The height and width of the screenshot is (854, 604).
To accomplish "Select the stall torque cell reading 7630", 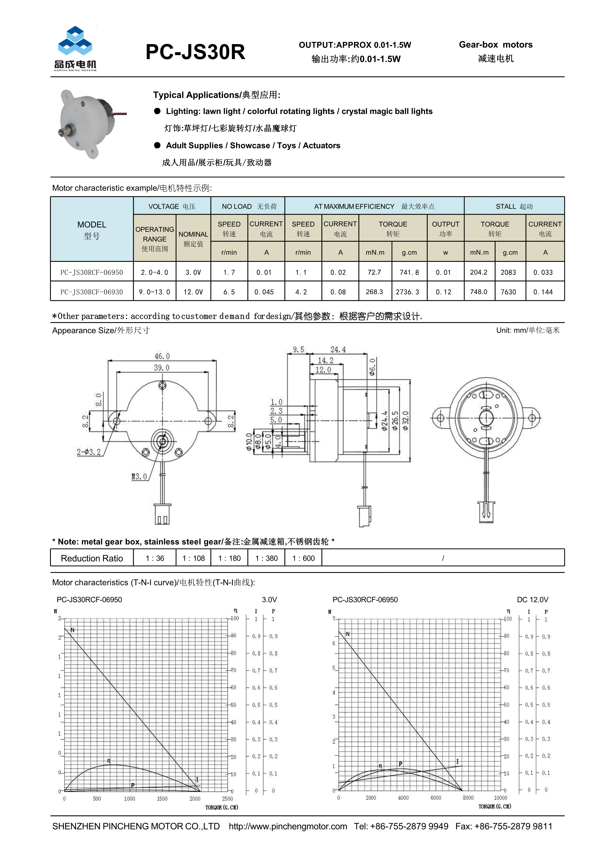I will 508,292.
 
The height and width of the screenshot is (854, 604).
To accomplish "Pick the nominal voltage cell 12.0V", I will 193,292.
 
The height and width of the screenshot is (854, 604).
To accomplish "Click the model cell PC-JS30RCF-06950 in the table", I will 92,272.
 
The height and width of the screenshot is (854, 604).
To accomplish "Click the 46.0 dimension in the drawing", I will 162,356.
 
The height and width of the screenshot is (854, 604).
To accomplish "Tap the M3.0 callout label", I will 139,477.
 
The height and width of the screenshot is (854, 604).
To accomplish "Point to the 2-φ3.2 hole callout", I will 89,452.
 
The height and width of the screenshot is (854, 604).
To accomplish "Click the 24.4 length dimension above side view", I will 338,349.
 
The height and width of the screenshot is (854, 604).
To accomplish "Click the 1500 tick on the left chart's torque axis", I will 162,798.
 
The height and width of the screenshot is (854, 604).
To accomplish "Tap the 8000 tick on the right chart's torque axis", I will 468,798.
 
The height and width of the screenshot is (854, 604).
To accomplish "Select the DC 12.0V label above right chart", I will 532,599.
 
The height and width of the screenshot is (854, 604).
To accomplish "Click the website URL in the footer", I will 288,826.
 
